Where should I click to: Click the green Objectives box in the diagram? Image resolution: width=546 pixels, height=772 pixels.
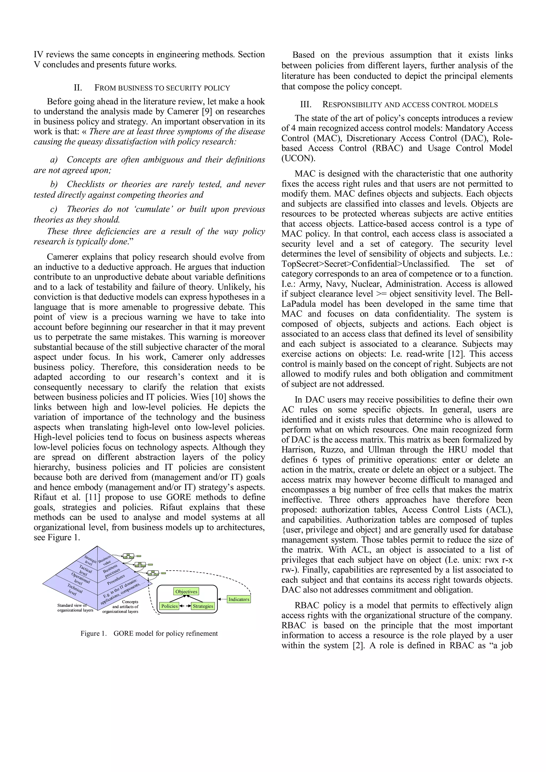(186, 591)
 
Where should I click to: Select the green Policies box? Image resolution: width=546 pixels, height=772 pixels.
(169, 606)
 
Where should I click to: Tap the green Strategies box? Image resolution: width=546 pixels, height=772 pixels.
(203, 606)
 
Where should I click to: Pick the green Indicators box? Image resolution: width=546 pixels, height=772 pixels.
(239, 599)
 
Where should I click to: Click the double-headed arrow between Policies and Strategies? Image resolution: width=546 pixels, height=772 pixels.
(185, 606)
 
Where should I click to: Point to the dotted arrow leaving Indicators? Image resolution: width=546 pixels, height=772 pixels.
(222, 599)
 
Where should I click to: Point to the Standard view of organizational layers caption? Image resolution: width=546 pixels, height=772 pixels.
(75, 608)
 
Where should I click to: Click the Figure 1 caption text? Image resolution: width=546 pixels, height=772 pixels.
(149, 633)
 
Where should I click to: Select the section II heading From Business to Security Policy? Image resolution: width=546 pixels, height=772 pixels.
(152, 88)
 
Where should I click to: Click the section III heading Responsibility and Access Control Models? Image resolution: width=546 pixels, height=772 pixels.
(399, 105)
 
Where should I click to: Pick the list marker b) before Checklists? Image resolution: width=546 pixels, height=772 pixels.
(54, 184)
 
